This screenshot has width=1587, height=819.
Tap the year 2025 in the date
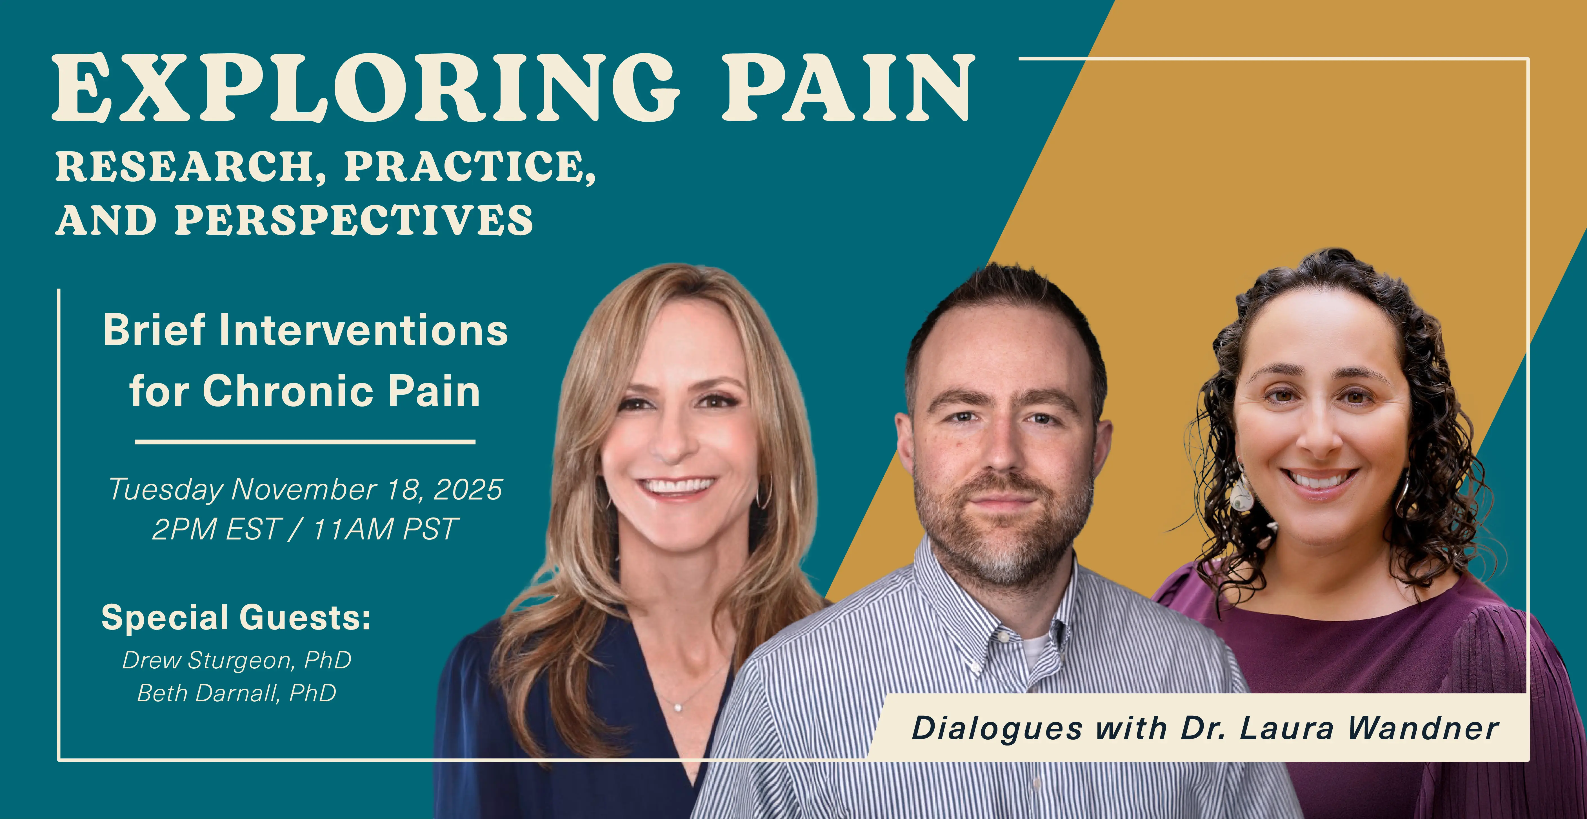click(468, 490)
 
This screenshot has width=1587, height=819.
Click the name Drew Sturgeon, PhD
click(237, 660)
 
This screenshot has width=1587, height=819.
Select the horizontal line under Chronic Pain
click(305, 441)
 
